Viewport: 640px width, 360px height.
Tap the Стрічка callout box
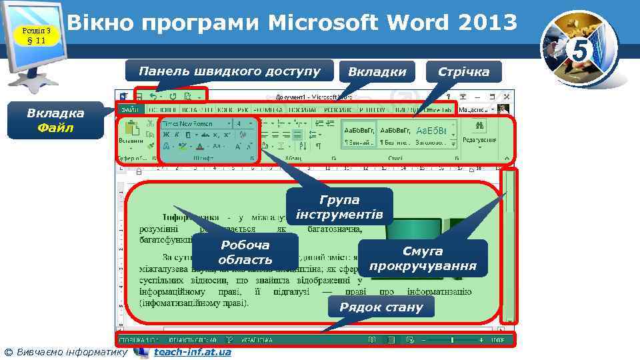463,71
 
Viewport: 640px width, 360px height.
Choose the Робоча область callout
245,253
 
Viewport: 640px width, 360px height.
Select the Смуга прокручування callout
423,259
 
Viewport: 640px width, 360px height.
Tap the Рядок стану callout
381,307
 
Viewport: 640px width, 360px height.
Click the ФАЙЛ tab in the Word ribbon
129,109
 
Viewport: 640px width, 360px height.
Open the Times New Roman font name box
196,123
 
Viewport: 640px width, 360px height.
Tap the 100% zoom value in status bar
497,340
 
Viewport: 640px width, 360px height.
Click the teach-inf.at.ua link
192,352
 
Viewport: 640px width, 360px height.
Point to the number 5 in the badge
579,49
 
